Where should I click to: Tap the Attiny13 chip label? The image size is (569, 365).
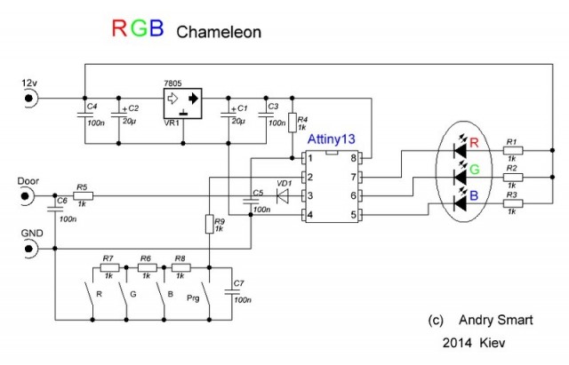point(333,139)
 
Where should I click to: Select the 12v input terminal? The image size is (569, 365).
point(29,97)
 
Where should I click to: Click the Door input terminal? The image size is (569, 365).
point(29,196)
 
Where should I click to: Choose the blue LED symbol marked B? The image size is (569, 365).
point(460,204)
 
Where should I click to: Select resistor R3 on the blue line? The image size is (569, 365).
point(511,204)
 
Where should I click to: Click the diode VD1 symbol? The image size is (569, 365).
point(283,196)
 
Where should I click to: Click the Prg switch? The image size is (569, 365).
point(204,295)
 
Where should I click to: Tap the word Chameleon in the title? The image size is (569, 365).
point(219,32)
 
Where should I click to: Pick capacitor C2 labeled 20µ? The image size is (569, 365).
point(117,116)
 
